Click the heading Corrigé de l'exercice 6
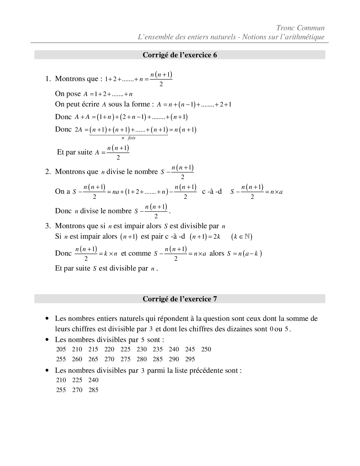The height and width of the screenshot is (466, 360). [x=180, y=55]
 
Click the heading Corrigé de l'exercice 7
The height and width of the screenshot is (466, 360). [x=180, y=299]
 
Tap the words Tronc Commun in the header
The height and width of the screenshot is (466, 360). [x=300, y=28]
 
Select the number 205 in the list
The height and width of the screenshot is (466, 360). [x=61, y=349]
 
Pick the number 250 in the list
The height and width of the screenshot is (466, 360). [x=206, y=349]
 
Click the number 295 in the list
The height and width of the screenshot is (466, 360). [x=190, y=359]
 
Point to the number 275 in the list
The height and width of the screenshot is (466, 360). [x=125, y=359]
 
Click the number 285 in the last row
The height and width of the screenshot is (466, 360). [x=93, y=390]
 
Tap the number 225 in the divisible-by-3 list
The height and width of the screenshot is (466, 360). [x=77, y=380]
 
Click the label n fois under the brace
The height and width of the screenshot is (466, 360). [x=128, y=138]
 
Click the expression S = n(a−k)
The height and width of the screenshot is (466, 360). [x=245, y=254]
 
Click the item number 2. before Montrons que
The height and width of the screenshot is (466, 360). [x=48, y=172]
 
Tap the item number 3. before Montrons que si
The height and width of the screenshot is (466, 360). [x=48, y=226]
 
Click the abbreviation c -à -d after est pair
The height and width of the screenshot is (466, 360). [x=175, y=236]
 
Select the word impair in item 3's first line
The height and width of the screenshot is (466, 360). [x=133, y=226]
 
